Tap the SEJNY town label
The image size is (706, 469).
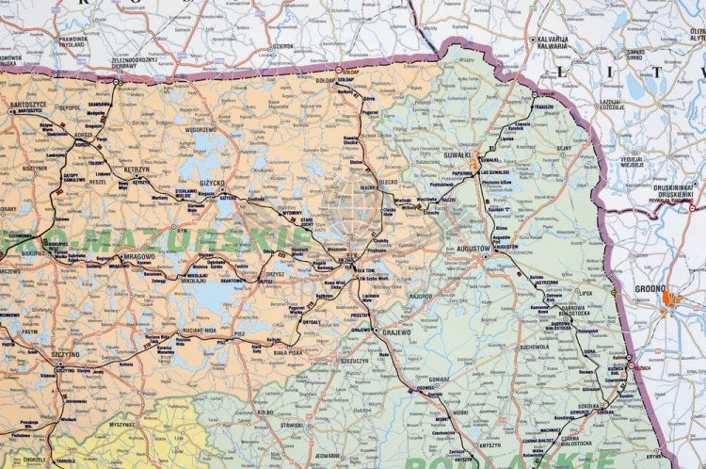click(x=563, y=148)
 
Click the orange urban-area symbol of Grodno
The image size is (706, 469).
click(x=669, y=300)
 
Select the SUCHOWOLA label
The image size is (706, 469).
click(x=533, y=347)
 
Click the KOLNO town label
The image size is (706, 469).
click(x=264, y=412)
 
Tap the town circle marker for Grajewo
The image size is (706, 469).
click(x=376, y=332)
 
